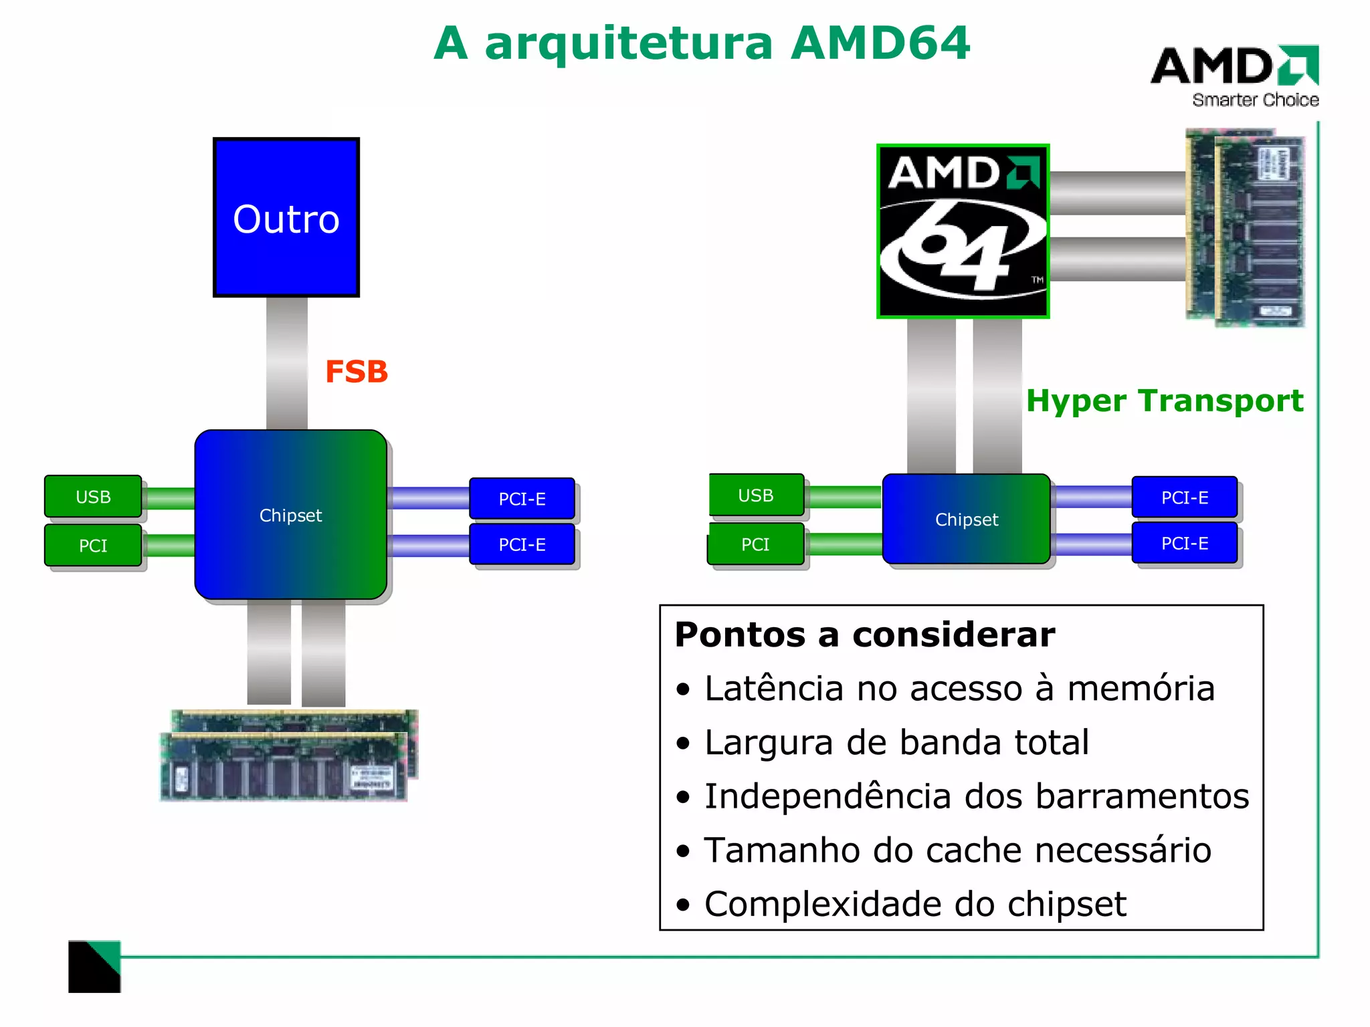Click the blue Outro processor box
click(286, 218)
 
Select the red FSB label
click(356, 372)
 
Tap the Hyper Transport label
click(1164, 401)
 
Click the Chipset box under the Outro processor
click(290, 515)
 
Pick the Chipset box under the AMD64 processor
click(966, 520)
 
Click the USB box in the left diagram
click(93, 497)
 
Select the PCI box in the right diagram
click(755, 544)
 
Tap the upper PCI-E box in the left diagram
click(522, 499)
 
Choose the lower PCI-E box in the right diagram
click(1184, 544)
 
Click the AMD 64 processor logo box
click(963, 231)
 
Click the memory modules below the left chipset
click(288, 756)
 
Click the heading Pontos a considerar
click(864, 635)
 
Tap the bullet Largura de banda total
click(896, 743)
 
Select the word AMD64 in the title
click(880, 43)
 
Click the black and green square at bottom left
click(94, 967)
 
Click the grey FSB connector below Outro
click(286, 363)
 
